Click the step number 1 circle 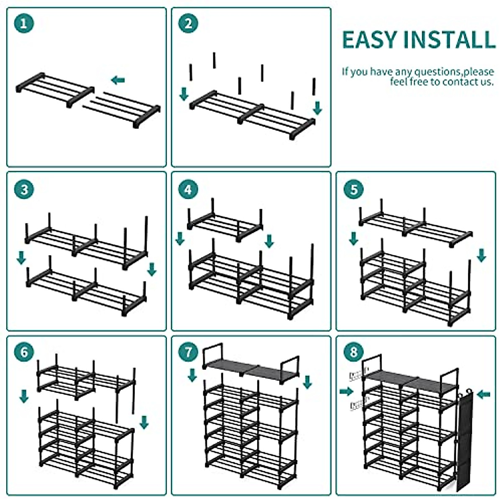24,23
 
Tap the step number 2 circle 189,23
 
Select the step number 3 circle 24,190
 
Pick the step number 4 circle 189,190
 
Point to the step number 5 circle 354,190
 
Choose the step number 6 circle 24,352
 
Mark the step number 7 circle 189,352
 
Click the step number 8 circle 354,352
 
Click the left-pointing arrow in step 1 118,80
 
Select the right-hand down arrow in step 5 482,255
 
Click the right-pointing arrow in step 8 346,391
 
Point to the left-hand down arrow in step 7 192,374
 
